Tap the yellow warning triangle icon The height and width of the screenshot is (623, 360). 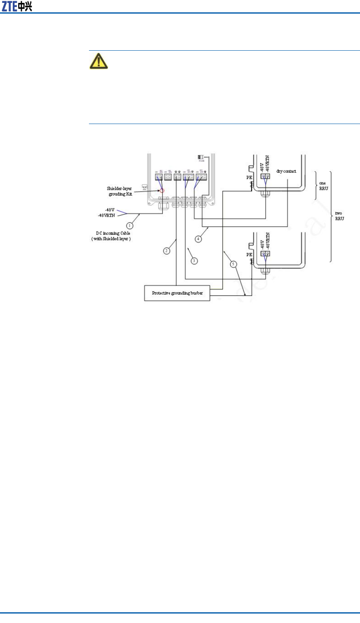click(98, 61)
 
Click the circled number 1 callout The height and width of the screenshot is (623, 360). click(130, 225)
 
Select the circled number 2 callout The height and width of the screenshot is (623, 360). click(166, 251)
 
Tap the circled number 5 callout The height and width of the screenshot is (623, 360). click(234, 264)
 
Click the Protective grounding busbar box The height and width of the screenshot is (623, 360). click(177, 293)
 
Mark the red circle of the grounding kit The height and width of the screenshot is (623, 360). click(162, 191)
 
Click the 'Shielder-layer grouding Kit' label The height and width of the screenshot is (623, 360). click(119, 191)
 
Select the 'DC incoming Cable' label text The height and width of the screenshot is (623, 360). click(113, 233)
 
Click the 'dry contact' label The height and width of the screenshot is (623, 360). click(286, 171)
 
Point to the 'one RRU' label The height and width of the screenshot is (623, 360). click(323, 186)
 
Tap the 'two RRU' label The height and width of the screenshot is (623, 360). click(339, 215)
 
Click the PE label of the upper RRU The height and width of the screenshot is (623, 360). click(248, 178)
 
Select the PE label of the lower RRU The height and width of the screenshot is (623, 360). click(249, 255)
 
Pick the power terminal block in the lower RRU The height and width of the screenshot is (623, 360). click(265, 255)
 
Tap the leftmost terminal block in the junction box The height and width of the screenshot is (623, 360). click(159, 177)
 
